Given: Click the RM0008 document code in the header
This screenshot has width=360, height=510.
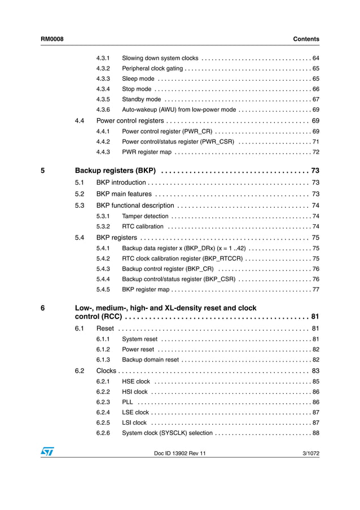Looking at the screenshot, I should pos(52,39).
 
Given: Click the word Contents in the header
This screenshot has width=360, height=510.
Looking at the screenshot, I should pos(306,39).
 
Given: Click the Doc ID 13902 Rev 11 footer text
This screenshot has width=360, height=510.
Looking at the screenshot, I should pos(180,454).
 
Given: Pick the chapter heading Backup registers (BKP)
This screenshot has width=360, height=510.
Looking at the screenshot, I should pos(115,171).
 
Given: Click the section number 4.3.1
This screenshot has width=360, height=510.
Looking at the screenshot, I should pos(103,58).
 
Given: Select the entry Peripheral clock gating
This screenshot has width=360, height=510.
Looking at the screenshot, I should pos(152,68).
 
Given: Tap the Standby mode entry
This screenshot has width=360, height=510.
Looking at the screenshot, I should pos(142,99).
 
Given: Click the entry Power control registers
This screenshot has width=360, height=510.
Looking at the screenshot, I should pos(130,121).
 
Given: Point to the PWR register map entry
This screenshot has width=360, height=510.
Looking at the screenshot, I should pos(147,152).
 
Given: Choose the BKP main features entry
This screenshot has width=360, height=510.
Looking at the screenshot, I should pos(124,194).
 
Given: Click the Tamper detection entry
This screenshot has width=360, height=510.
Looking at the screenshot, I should pos(145,216).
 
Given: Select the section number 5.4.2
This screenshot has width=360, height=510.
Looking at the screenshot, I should pos(103,259).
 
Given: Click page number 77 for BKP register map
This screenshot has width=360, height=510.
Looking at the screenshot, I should pos(315,290).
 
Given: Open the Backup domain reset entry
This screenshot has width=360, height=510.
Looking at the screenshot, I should pos(150,360).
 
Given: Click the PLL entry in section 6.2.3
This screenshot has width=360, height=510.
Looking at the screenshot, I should pos(128,402).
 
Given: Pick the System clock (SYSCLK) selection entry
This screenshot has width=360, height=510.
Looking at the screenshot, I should pos(167,433).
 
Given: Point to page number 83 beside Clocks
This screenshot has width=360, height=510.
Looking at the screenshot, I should pos(315,371).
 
